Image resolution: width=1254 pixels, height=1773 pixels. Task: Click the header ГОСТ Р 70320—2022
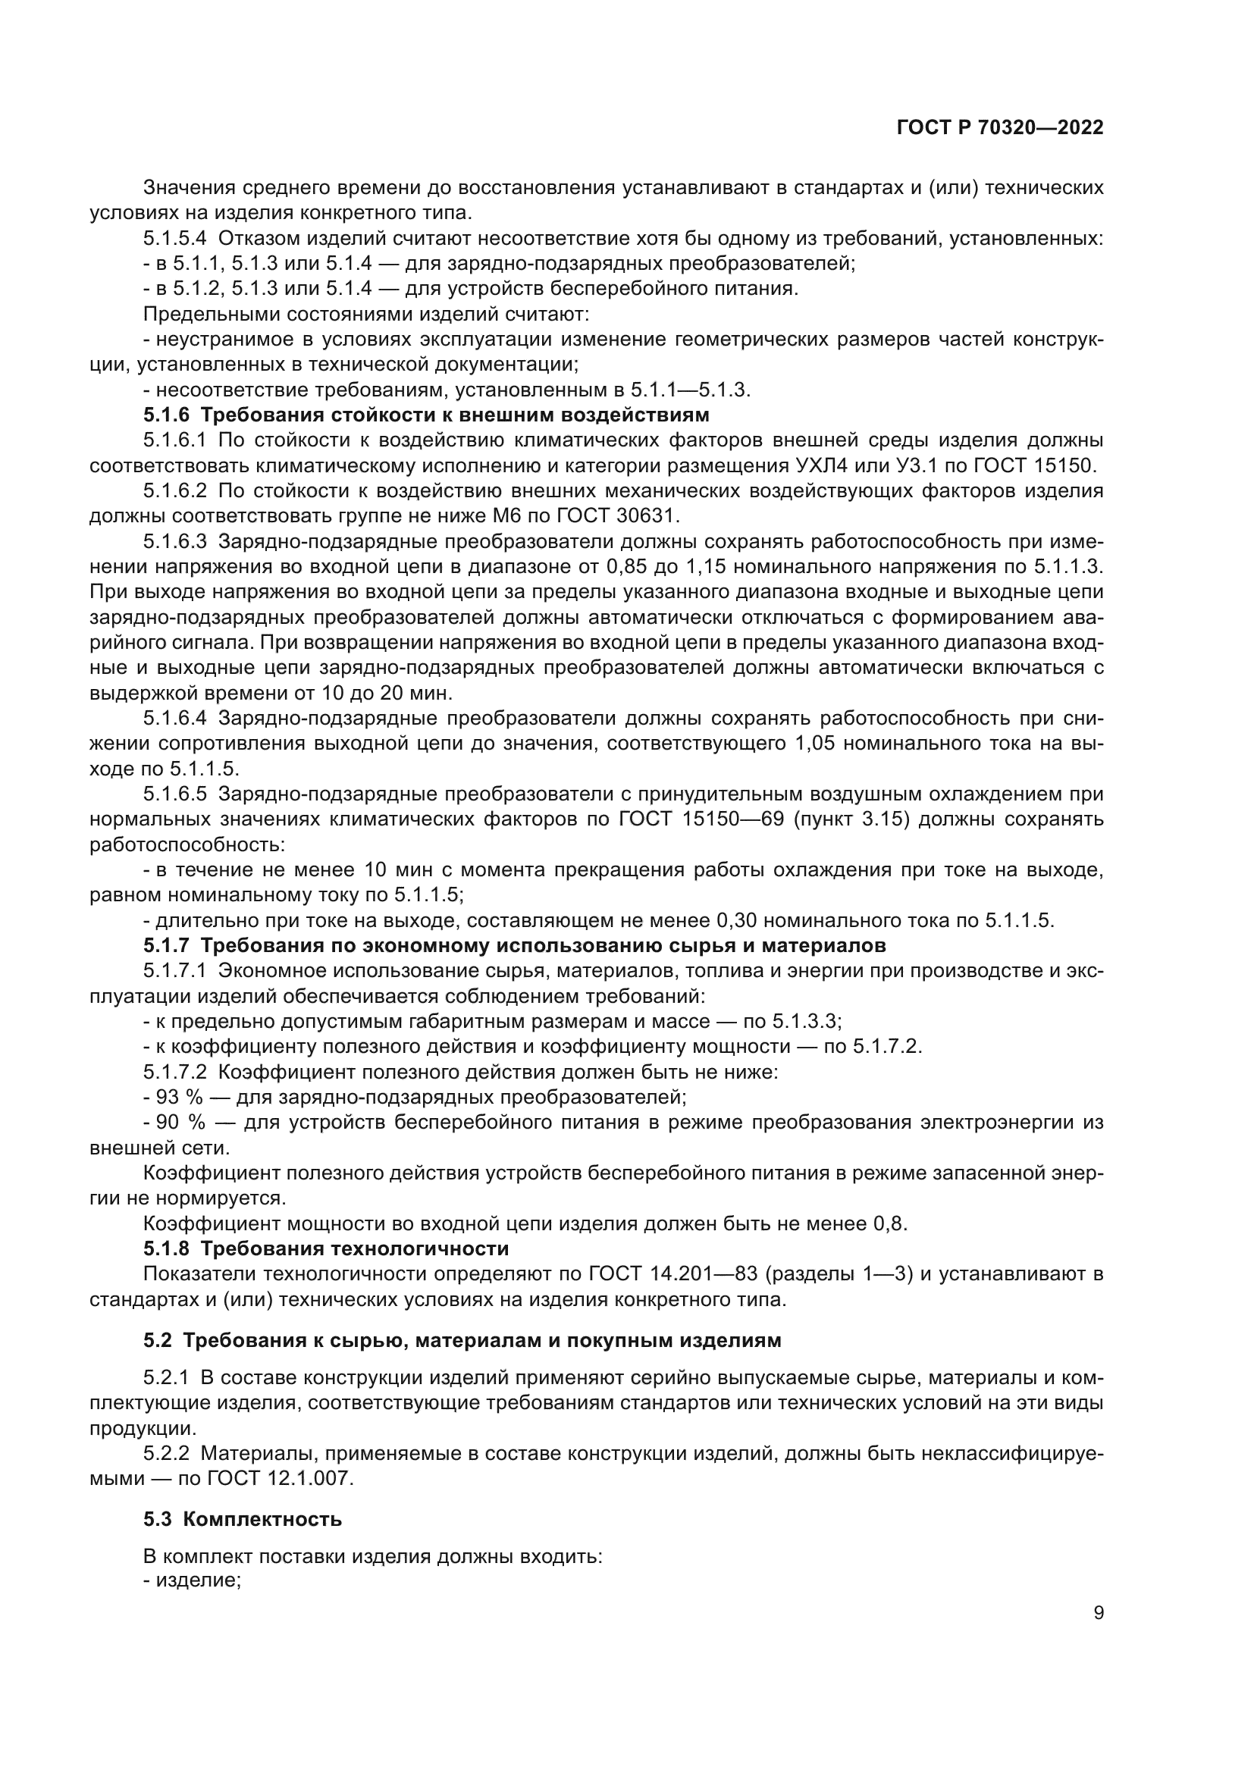(x=1000, y=128)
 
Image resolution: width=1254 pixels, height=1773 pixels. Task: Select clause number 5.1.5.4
(x=174, y=239)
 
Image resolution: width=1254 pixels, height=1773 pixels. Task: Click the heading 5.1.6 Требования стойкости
(x=425, y=415)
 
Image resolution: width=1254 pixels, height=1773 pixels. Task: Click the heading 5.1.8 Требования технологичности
(x=326, y=1248)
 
